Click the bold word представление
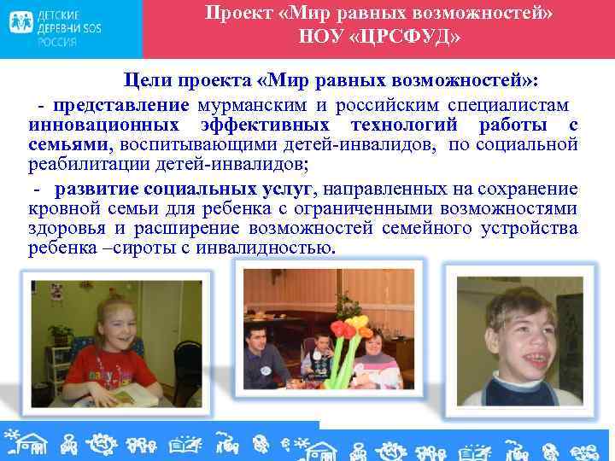pos(120,105)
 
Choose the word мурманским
pos(244,105)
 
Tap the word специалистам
pos(509,105)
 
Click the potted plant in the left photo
pos(61,333)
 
